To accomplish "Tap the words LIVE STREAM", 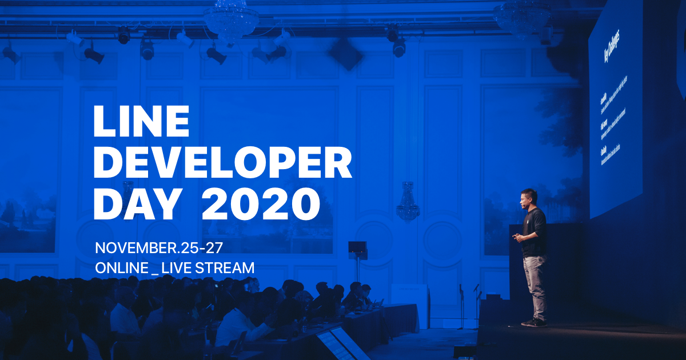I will point(209,267).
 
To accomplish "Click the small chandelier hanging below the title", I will point(408,203).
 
